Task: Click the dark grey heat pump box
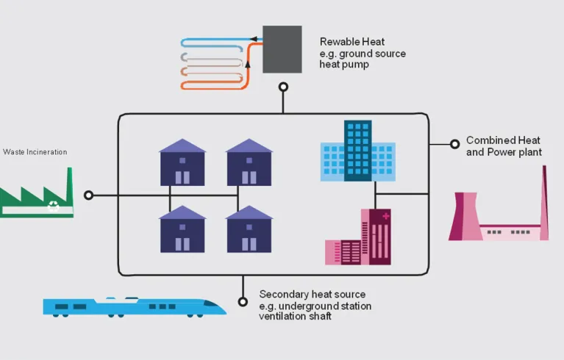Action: coord(282,49)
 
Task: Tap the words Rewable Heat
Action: coord(351,43)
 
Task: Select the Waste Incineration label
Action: coord(35,152)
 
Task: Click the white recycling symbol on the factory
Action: coord(54,206)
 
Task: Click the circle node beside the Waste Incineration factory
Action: coord(89,195)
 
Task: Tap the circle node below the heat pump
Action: coord(283,87)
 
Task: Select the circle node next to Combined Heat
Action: coord(454,144)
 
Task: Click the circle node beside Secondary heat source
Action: coord(243,301)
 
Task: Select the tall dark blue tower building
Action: coord(358,150)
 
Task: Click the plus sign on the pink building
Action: coord(385,217)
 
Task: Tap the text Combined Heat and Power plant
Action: coord(503,146)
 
